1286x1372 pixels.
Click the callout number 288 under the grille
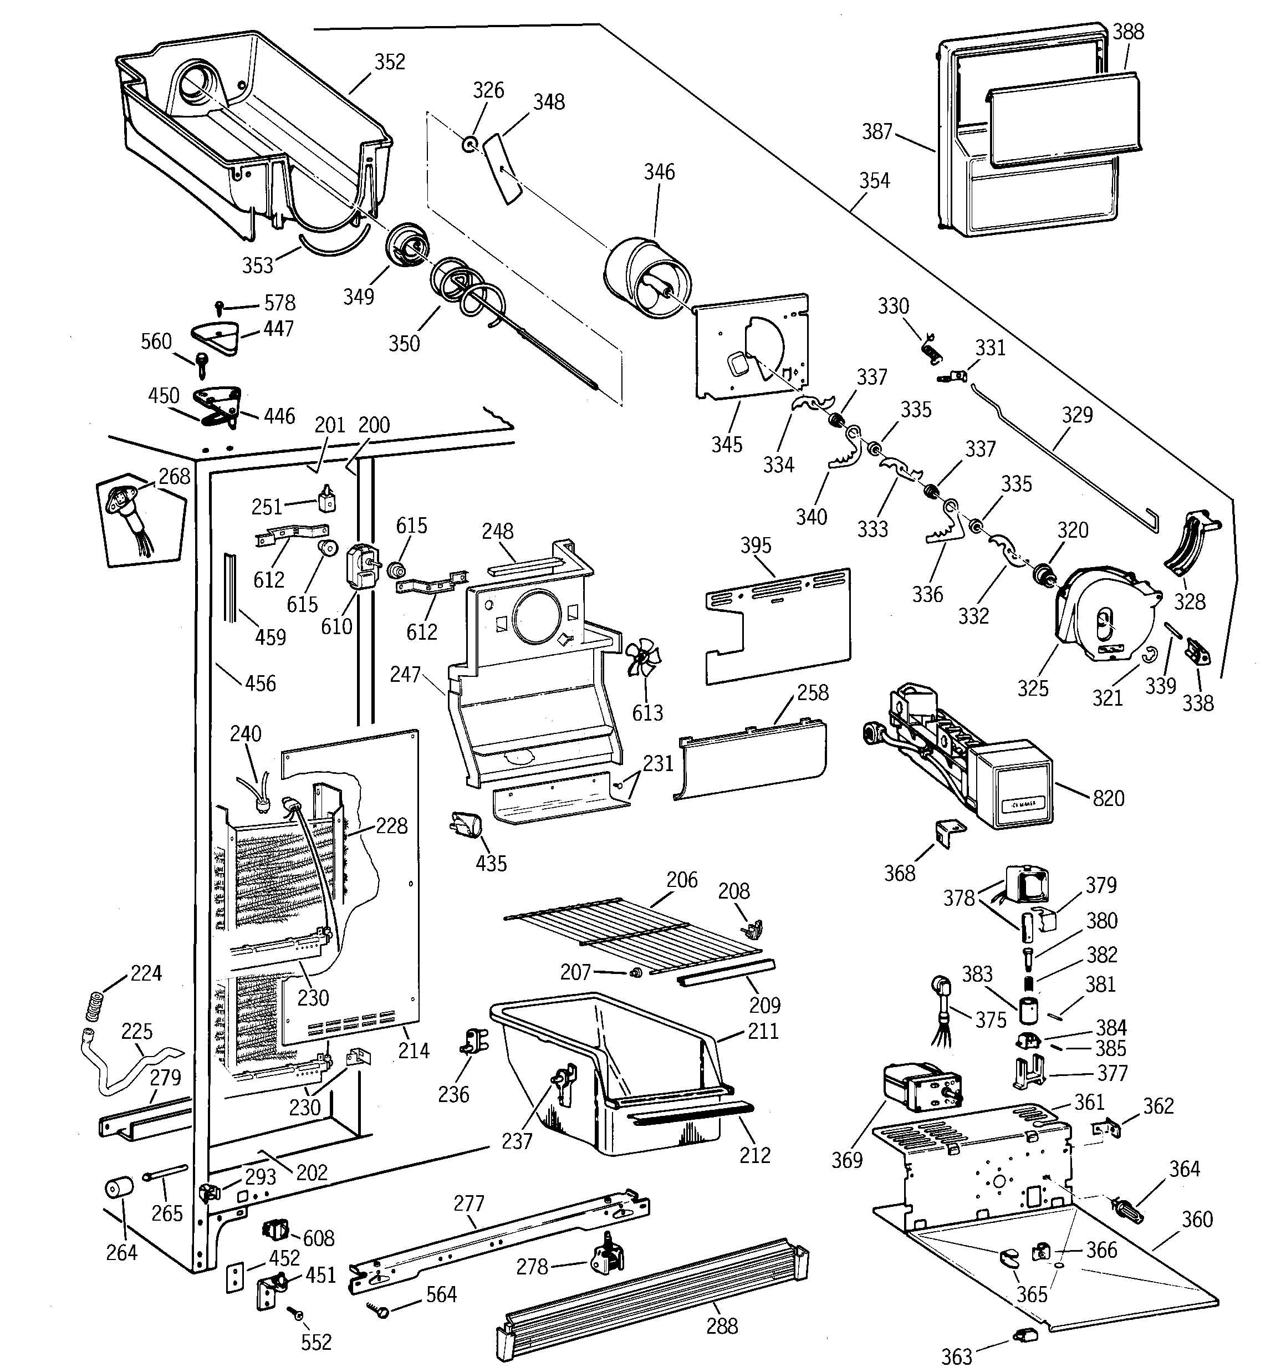pyautogui.click(x=722, y=1326)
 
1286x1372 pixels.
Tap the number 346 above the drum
pyautogui.click(x=659, y=172)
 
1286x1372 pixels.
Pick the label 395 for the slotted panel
pyautogui.click(x=756, y=545)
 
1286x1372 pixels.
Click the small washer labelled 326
pyautogui.click(x=470, y=144)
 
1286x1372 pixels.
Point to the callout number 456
pyautogui.click(x=260, y=684)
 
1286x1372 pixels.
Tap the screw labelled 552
pyautogui.click(x=299, y=1315)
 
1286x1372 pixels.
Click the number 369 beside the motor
pyautogui.click(x=847, y=1160)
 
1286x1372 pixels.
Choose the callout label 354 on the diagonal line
pyautogui.click(x=875, y=181)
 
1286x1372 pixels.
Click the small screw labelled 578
pyautogui.click(x=220, y=304)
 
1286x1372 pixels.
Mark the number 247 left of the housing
pyautogui.click(x=405, y=674)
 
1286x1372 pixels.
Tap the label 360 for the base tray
pyautogui.click(x=1197, y=1219)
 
